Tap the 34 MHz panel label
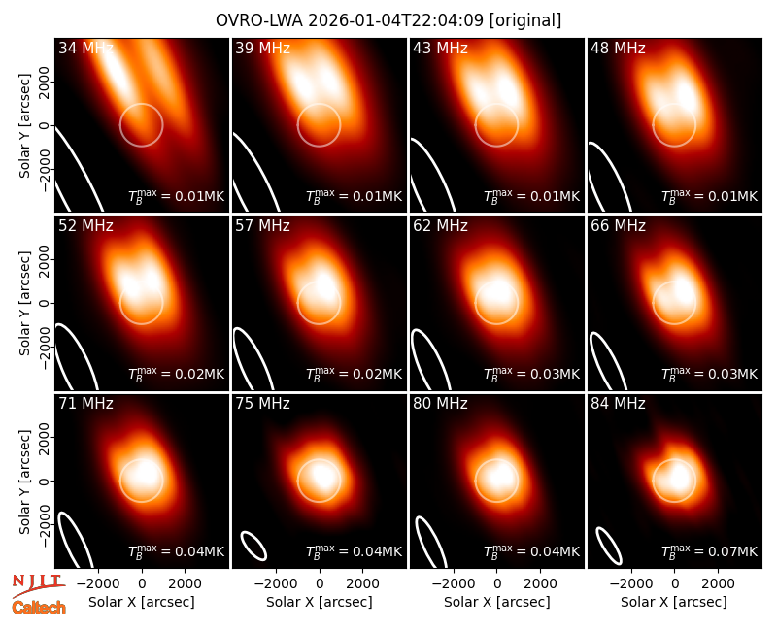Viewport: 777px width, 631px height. pos(85,48)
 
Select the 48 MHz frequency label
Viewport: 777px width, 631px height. pos(618,48)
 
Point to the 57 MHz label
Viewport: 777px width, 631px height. pos(262,226)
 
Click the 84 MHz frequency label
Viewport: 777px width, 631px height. pos(618,404)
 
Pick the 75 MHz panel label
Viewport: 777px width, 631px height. pos(262,404)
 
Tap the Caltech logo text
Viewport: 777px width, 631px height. pos(39,608)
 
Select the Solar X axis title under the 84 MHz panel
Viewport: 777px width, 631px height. pos(674,602)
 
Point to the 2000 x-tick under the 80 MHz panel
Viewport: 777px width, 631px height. pos(540,583)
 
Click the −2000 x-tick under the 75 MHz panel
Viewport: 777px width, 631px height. pos(276,583)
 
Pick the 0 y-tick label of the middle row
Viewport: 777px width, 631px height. pos(45,303)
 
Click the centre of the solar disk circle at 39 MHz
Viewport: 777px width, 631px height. pos(320,125)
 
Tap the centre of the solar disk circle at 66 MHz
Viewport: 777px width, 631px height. pos(674,303)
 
